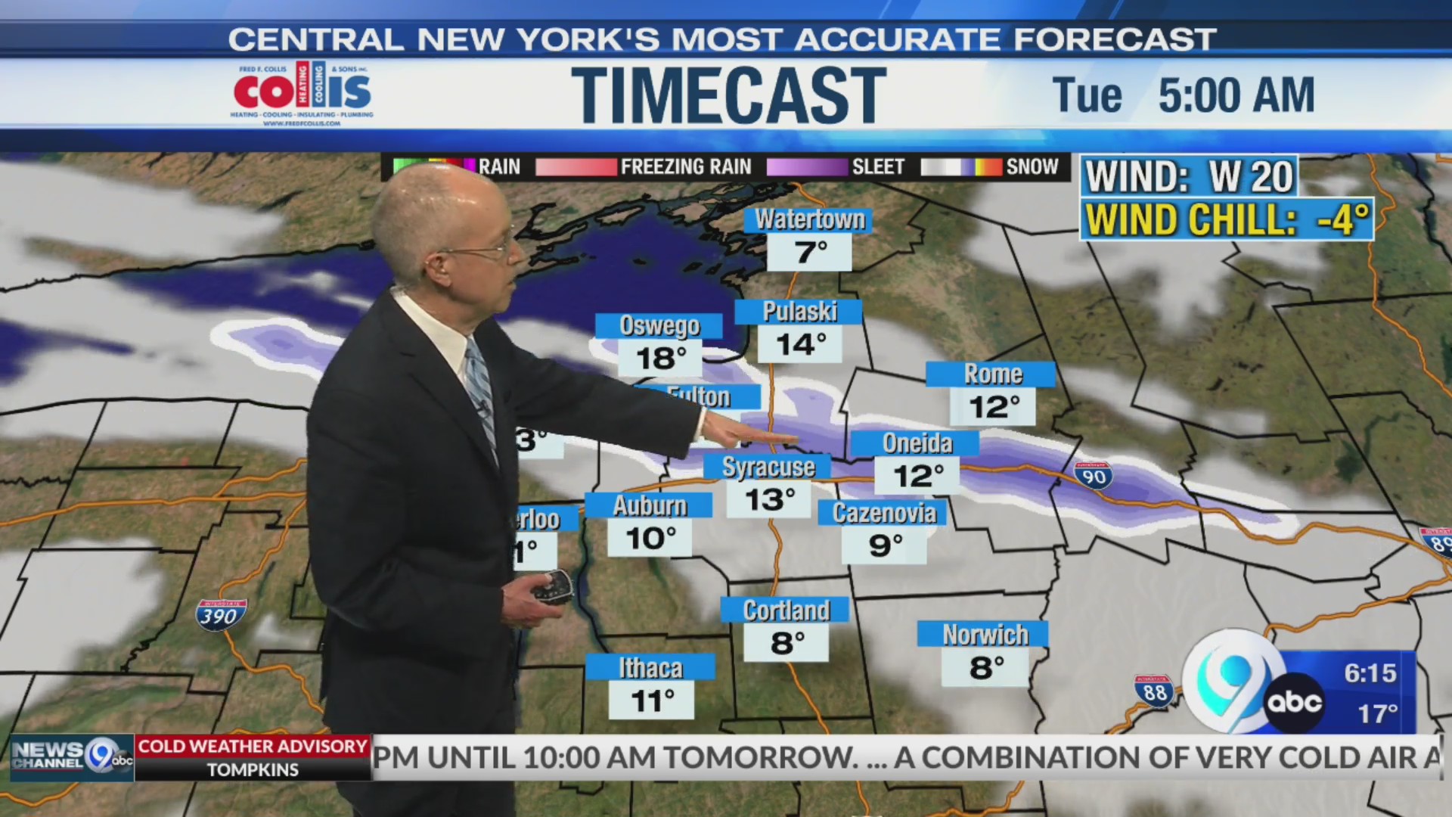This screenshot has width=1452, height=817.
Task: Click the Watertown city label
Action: point(808,220)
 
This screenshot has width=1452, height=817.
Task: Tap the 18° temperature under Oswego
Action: point(660,358)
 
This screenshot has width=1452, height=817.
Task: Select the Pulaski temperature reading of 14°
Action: point(801,344)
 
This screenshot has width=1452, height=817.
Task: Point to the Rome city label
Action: point(991,374)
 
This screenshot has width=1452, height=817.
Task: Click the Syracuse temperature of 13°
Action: point(769,499)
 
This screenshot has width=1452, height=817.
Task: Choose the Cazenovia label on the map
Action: point(883,513)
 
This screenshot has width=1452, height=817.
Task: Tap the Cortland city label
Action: point(786,610)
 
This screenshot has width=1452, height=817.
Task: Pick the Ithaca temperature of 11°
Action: point(652,701)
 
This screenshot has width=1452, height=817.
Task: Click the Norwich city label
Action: point(984,635)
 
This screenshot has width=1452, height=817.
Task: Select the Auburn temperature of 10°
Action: point(650,539)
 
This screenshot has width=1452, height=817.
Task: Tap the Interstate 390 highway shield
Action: point(220,616)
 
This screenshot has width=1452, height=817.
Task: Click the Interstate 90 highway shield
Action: point(1094,476)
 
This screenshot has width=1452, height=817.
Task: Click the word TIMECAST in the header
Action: point(728,95)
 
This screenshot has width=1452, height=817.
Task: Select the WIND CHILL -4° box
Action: point(1227,220)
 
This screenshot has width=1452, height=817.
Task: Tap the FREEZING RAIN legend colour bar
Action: point(576,167)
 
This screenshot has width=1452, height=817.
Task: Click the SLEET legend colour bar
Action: point(807,167)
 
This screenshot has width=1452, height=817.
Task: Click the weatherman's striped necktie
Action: point(480,393)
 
